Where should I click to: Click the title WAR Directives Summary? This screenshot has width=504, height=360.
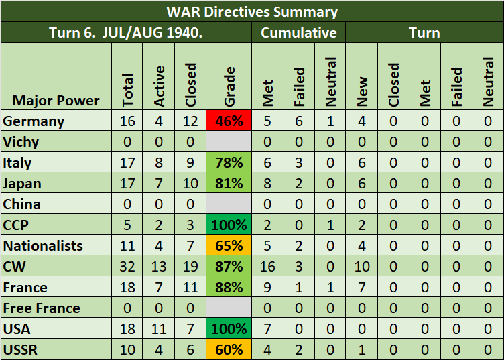click(252, 11)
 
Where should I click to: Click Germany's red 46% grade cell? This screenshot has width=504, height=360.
click(229, 121)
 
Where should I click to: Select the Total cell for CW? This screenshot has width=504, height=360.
click(127, 266)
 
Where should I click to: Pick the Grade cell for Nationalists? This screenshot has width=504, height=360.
click(229, 245)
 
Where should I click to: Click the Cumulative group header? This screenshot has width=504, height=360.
click(299, 32)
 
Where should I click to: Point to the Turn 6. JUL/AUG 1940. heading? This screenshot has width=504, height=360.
click(126, 32)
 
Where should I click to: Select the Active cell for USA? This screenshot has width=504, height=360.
click(159, 328)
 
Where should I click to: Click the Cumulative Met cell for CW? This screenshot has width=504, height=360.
click(268, 266)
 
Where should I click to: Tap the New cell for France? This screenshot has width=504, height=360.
click(363, 287)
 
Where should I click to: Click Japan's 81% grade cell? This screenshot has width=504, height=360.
click(229, 184)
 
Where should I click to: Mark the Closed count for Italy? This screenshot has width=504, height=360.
click(191, 163)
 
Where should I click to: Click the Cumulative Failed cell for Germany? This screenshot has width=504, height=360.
click(300, 121)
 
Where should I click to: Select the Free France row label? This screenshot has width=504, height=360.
click(41, 308)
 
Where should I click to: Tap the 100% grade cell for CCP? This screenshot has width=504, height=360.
click(229, 225)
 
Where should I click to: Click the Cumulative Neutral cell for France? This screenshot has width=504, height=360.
click(330, 287)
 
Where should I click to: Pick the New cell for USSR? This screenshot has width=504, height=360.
click(363, 349)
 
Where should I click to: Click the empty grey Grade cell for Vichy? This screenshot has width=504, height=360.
click(229, 142)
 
